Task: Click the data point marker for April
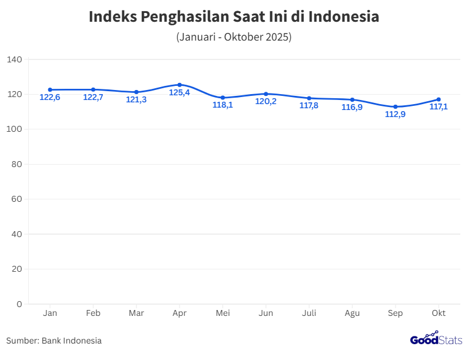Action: pyautogui.click(x=180, y=85)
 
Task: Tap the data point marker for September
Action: pyautogui.click(x=396, y=106)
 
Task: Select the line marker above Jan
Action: pyautogui.click(x=50, y=89)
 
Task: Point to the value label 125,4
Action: pyautogui.click(x=180, y=93)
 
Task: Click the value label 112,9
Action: pyautogui.click(x=396, y=115)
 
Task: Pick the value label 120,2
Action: pyautogui.click(x=266, y=101)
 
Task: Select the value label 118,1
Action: pyautogui.click(x=223, y=105)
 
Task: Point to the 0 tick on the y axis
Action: pyautogui.click(x=19, y=304)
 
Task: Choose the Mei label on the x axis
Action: pyautogui.click(x=223, y=313)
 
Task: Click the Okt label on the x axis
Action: pyautogui.click(x=439, y=313)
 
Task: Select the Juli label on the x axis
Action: pyautogui.click(x=309, y=313)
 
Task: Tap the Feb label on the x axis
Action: pyautogui.click(x=93, y=313)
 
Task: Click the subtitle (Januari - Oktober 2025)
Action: pyautogui.click(x=234, y=37)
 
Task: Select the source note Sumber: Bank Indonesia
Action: pyautogui.click(x=54, y=341)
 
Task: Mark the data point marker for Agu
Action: pyautogui.click(x=352, y=99)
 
